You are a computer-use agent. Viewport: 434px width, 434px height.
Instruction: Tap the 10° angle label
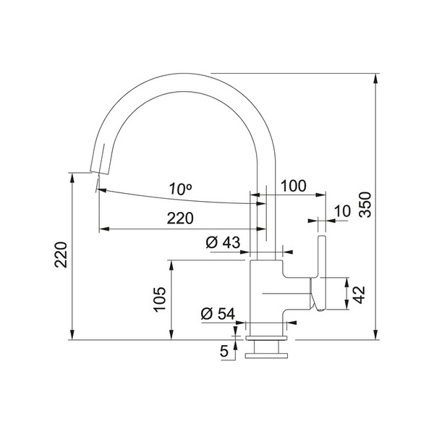(x=180, y=189)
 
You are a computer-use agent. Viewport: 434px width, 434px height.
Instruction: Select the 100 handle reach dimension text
(x=294, y=186)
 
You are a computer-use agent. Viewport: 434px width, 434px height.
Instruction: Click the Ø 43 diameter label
(x=223, y=243)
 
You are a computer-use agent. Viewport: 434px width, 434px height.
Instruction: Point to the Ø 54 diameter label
(x=218, y=314)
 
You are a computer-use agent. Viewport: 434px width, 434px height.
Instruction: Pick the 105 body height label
(x=160, y=299)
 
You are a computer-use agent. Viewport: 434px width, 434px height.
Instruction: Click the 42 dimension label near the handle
(x=359, y=295)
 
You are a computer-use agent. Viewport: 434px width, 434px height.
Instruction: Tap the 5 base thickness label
(x=224, y=352)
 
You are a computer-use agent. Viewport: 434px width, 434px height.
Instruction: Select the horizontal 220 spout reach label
(x=180, y=218)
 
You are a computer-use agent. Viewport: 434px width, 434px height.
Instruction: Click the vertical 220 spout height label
(x=61, y=255)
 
